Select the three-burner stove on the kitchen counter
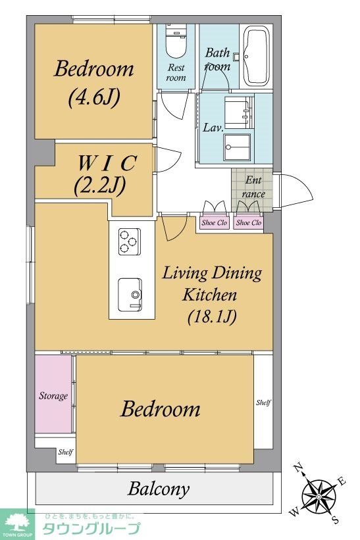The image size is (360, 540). click(x=130, y=241)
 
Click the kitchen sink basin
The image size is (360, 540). click(x=130, y=295)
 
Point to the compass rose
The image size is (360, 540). click(x=319, y=496)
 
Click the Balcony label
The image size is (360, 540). click(x=159, y=489)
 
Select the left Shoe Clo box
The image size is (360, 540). click(x=214, y=223)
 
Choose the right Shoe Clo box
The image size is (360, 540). click(x=249, y=223)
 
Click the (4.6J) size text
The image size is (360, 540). click(x=94, y=97)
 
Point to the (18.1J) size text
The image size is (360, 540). click(x=212, y=316)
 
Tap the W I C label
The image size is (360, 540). click(x=107, y=163)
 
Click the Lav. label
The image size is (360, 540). click(x=213, y=128)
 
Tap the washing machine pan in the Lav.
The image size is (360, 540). click(x=237, y=147)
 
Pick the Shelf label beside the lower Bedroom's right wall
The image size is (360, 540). click(x=263, y=402)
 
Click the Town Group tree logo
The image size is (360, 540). click(x=17, y=524)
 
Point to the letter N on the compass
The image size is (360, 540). click(x=298, y=468)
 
